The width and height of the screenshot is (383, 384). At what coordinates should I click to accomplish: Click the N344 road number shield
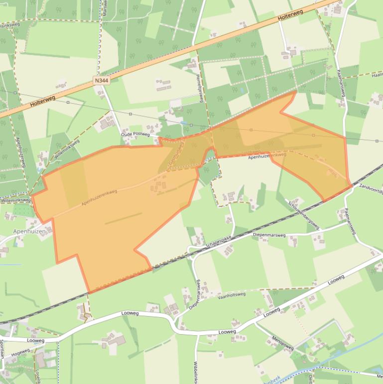pyautogui.click(x=101, y=79)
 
